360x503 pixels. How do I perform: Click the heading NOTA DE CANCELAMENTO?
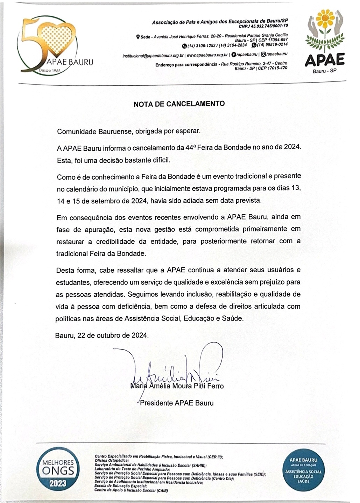point(179,104)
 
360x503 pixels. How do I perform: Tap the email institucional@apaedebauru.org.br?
point(153,56)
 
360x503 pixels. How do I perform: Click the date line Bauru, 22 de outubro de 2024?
point(102,335)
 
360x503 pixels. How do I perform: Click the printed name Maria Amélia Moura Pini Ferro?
point(177,386)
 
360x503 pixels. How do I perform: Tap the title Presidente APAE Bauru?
point(177,403)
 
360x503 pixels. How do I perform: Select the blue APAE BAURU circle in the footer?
point(303,470)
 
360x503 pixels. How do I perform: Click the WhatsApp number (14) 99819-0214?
point(272,44)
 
